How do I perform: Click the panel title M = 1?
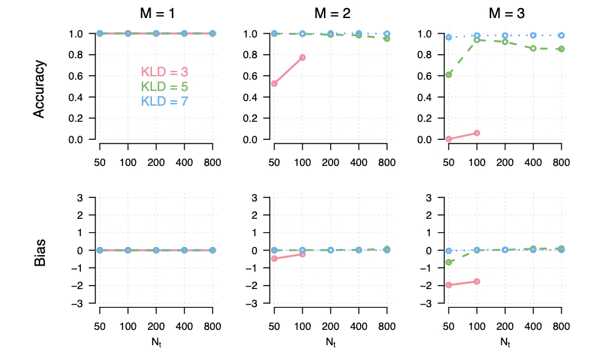coord(156,12)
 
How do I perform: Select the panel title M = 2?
coord(331,12)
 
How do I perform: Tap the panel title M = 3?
coord(505,12)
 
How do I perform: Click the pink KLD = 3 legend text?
coord(164,72)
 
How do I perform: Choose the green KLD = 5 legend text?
coord(164,87)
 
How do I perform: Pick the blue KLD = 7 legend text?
coord(164,102)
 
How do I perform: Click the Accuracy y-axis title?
coord(39,89)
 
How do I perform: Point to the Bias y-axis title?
coord(39,250)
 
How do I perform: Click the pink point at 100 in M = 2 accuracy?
coord(303,58)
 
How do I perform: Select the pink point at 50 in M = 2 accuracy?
coord(274,84)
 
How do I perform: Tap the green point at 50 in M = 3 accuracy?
coord(448,74)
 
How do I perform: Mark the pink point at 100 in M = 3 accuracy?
coord(477,133)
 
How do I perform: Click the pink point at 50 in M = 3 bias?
coord(448,285)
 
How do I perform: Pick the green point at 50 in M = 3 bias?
coord(448,262)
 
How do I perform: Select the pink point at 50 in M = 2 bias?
coord(274,258)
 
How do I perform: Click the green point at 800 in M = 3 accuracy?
coord(562,49)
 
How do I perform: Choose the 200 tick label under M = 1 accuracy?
coord(156,163)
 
